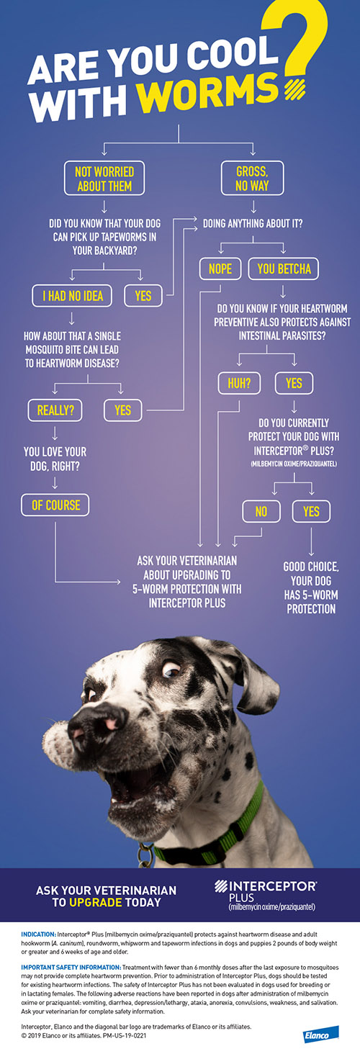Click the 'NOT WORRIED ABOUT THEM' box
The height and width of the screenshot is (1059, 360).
pos(104,179)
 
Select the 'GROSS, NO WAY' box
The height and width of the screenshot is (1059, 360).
pos(252,179)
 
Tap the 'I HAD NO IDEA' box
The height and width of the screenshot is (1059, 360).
pos(73,296)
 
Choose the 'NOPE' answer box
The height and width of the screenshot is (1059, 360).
pos(220,269)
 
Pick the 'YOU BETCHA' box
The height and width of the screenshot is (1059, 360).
pos(284,269)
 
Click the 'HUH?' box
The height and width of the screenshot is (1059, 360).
pos(239,383)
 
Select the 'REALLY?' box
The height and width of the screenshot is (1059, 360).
pos(55,410)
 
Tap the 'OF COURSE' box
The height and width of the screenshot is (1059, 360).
pos(55,505)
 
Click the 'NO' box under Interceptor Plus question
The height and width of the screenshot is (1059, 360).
pos(261,512)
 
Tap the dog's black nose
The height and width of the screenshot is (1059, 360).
pos(97,724)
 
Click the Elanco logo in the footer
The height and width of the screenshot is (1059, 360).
pos(321,1035)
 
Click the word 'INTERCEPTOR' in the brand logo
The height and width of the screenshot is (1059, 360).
pos(272,885)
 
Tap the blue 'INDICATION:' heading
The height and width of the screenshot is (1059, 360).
pos(38,934)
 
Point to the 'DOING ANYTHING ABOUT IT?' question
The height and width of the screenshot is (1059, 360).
pos(253,223)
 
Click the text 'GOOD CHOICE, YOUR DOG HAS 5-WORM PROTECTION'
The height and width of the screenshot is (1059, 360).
pos(311,587)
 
